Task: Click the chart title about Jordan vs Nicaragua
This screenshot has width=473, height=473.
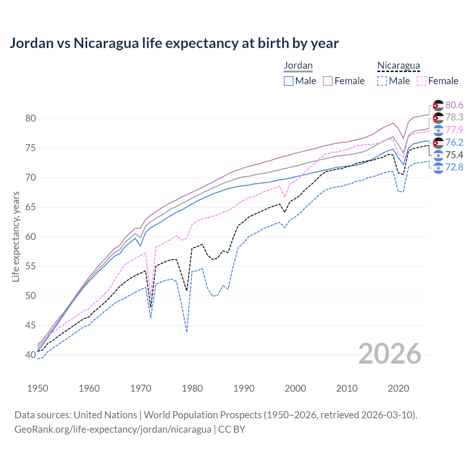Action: [174, 43]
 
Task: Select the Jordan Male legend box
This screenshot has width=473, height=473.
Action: [289, 81]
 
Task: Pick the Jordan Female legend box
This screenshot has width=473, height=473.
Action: [328, 81]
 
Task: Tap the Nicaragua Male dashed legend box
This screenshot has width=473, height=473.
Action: [382, 81]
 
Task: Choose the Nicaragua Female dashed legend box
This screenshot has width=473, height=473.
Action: [422, 81]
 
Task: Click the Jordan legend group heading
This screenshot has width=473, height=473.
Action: [298, 66]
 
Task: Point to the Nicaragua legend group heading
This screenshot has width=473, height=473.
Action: [398, 66]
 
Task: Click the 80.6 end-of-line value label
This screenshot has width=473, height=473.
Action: [454, 105]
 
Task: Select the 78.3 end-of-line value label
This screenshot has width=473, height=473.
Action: [454, 118]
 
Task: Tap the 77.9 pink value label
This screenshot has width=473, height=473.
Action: [454, 130]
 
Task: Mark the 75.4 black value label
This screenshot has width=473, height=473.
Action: [454, 155]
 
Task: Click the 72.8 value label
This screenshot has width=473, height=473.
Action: [454, 167]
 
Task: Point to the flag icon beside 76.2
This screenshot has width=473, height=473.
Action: [438, 143]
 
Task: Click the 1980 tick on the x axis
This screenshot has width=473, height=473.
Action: [192, 388]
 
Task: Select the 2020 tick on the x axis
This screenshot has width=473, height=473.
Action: [398, 388]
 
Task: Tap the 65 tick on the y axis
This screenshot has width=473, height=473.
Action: [30, 207]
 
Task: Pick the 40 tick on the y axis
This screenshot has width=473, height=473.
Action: [30, 355]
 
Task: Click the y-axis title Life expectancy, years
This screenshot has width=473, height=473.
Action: [16, 236]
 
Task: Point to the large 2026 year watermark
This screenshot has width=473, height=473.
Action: [389, 354]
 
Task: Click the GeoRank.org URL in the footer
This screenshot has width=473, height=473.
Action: [113, 429]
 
